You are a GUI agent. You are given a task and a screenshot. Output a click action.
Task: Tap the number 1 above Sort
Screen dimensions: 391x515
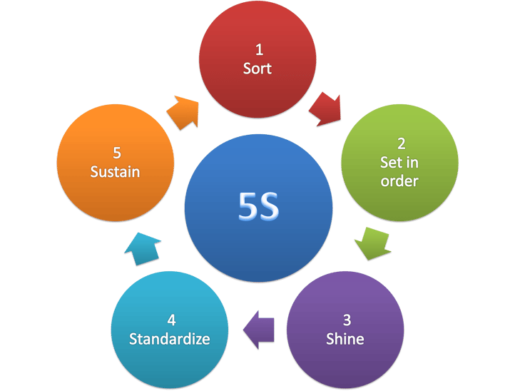click(x=258, y=50)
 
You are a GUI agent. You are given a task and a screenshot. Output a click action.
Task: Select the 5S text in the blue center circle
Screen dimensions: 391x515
click(x=259, y=206)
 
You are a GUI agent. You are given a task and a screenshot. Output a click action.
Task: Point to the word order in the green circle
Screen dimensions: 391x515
click(x=399, y=181)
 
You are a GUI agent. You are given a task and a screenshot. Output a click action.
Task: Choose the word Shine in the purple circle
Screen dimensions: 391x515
click(x=345, y=338)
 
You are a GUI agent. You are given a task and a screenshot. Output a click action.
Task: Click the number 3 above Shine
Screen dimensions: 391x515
click(x=346, y=320)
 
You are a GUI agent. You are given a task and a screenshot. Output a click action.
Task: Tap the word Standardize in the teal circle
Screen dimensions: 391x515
click(x=170, y=338)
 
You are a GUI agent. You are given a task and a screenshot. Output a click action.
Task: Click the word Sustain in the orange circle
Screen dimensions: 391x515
click(x=115, y=171)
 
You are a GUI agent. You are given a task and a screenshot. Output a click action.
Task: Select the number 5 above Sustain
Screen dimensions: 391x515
click(x=116, y=153)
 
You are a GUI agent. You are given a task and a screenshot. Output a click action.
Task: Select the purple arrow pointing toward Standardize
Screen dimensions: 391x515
click(x=259, y=330)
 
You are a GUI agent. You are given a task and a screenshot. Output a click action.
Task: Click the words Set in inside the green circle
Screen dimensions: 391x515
click(x=399, y=163)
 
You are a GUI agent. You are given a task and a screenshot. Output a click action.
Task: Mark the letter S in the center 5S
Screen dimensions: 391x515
click(x=269, y=206)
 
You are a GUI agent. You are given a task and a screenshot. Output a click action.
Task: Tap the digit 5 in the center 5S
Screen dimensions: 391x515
click(x=248, y=206)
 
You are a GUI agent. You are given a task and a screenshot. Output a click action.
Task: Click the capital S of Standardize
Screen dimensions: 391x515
click(x=133, y=338)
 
